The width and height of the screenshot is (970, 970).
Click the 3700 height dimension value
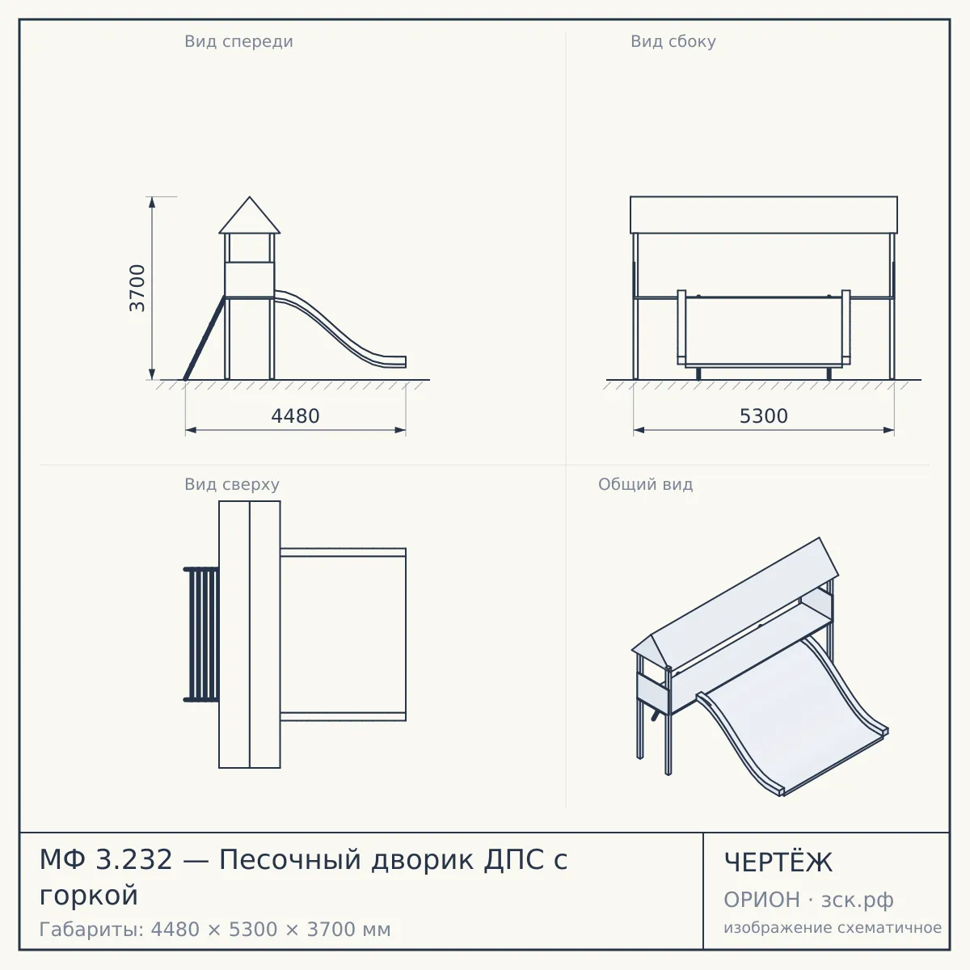(x=137, y=288)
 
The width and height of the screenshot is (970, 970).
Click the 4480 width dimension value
(x=296, y=416)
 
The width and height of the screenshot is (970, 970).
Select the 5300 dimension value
(x=764, y=416)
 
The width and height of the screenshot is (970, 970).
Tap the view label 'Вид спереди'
(x=238, y=41)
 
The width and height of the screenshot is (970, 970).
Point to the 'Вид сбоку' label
(x=673, y=41)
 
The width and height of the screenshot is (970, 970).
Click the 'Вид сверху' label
(x=231, y=484)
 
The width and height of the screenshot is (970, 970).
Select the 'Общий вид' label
(x=645, y=484)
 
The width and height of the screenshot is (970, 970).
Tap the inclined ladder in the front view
(x=205, y=338)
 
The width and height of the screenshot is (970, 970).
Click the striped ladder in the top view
(x=201, y=635)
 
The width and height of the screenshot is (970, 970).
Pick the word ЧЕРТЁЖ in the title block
(x=778, y=862)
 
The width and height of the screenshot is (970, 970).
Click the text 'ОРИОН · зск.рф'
(x=808, y=900)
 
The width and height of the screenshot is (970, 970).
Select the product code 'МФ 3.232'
(x=106, y=859)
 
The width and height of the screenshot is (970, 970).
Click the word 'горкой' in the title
(x=89, y=896)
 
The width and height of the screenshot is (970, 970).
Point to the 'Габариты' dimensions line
(x=215, y=930)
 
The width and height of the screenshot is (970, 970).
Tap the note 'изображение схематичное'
(x=833, y=928)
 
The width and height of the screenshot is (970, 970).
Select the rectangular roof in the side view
(x=764, y=215)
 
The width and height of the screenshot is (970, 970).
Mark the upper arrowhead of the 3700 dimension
(x=152, y=202)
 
